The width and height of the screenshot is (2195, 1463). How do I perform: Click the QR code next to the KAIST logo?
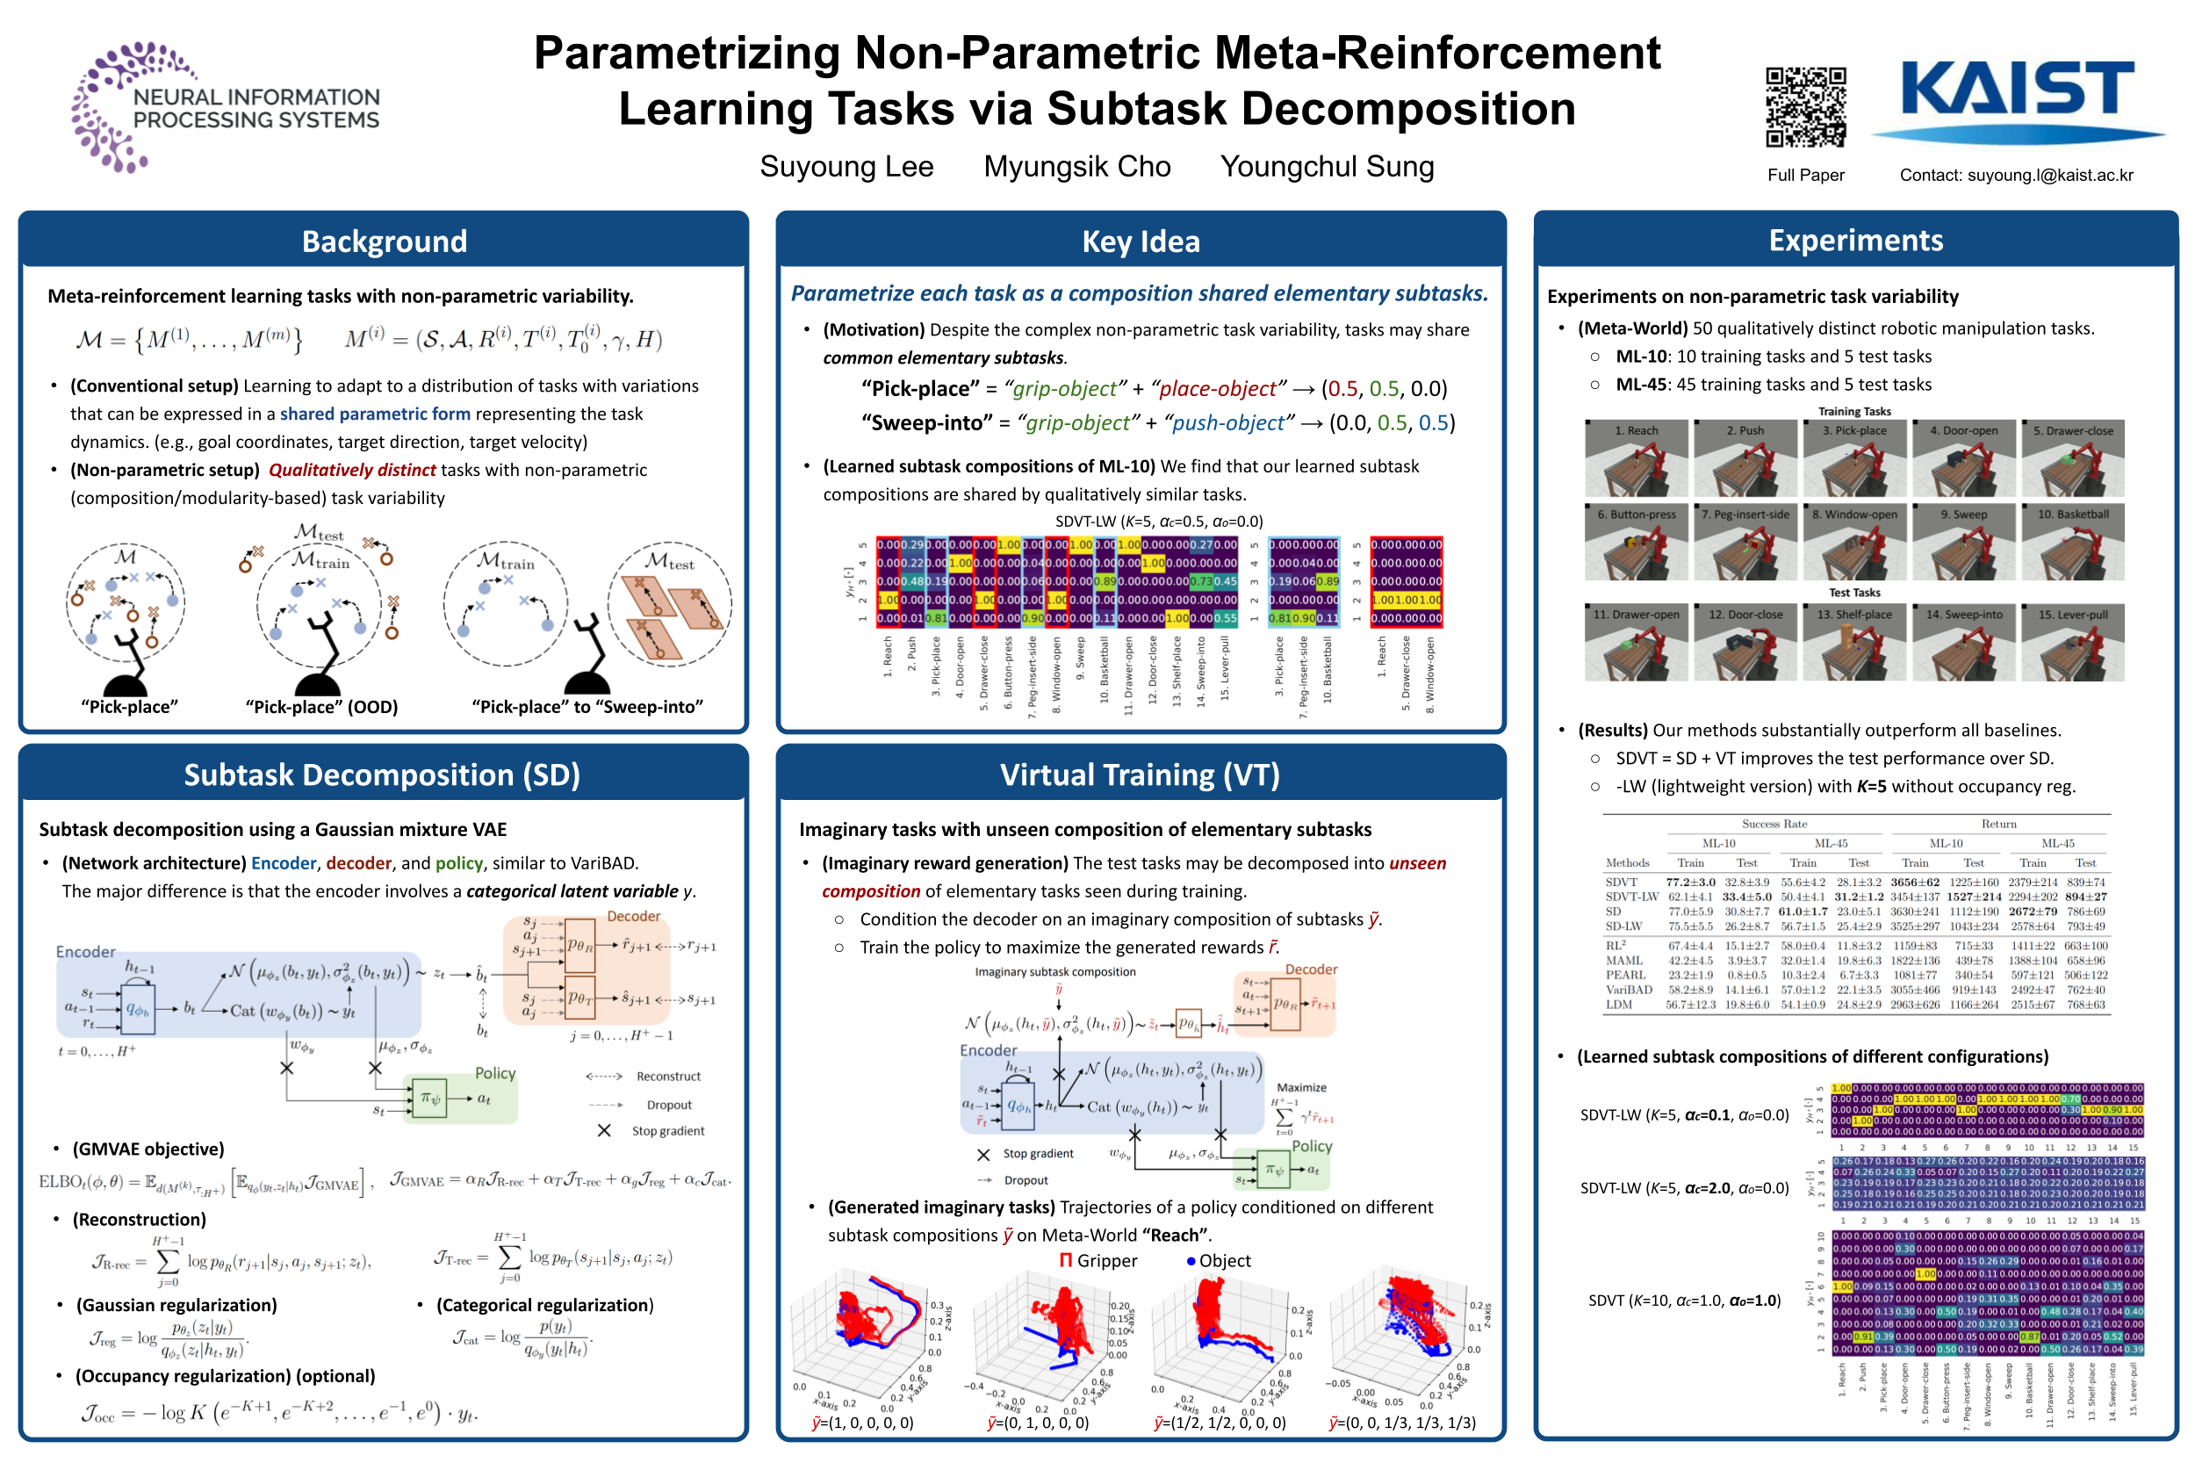tap(1804, 107)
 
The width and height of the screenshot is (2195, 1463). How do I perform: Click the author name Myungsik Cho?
tap(1076, 167)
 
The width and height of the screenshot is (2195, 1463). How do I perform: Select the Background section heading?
tap(384, 241)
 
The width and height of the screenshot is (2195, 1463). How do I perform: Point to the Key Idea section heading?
tap(1140, 241)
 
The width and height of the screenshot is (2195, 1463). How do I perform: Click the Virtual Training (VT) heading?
tap(1139, 775)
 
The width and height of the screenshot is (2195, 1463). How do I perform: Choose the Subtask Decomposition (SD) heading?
tap(382, 775)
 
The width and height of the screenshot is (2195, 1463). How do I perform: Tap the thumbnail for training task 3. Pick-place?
tap(1853, 458)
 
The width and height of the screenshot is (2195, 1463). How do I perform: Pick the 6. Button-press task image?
tap(1636, 542)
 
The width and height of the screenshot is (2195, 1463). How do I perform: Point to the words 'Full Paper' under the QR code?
tap(1805, 176)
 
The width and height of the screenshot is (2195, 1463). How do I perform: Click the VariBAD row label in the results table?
tap(1628, 990)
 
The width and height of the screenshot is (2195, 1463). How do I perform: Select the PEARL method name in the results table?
tap(1625, 975)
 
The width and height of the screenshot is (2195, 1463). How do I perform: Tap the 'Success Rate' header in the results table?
tap(1774, 824)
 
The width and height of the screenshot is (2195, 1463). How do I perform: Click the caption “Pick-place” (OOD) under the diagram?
tap(322, 707)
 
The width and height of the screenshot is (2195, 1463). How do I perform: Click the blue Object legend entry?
tap(1219, 1260)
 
